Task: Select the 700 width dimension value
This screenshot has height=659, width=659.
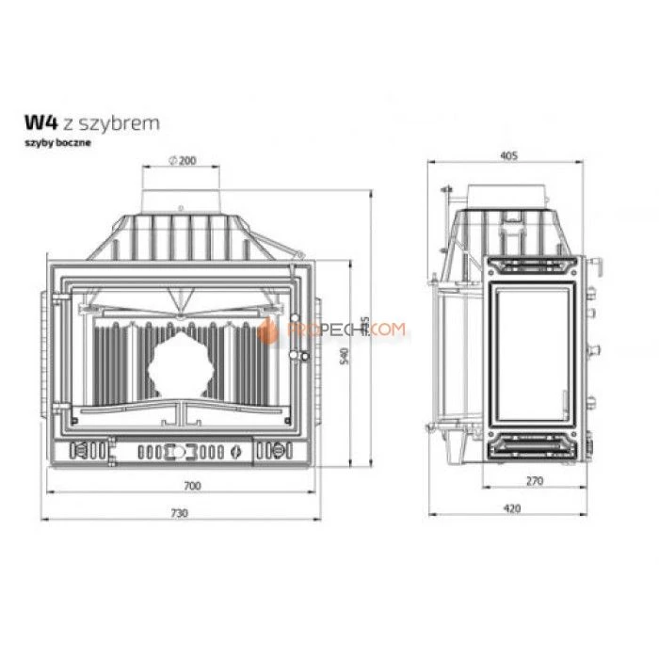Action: coord(192,487)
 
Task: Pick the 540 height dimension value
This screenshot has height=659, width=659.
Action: coord(345,356)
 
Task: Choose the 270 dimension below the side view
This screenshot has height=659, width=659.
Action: coord(536,481)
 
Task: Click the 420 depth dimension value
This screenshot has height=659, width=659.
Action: coord(510,509)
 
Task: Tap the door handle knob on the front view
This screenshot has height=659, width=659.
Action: coord(302,355)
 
